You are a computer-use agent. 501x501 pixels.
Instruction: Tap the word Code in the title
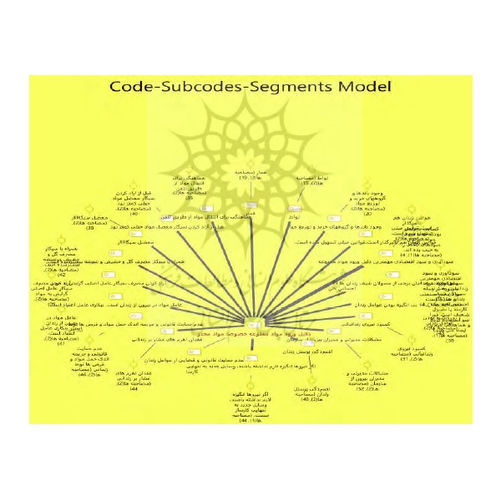tap(138, 87)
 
